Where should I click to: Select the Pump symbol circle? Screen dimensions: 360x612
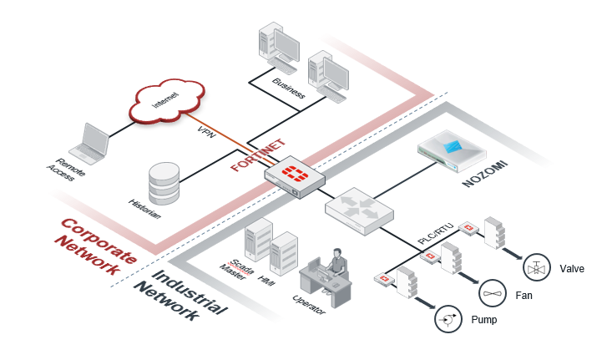[x=448, y=318]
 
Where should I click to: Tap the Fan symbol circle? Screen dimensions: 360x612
[x=492, y=292]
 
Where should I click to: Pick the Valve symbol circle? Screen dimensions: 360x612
[x=535, y=267]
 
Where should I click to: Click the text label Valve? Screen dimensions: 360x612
[x=572, y=269]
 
